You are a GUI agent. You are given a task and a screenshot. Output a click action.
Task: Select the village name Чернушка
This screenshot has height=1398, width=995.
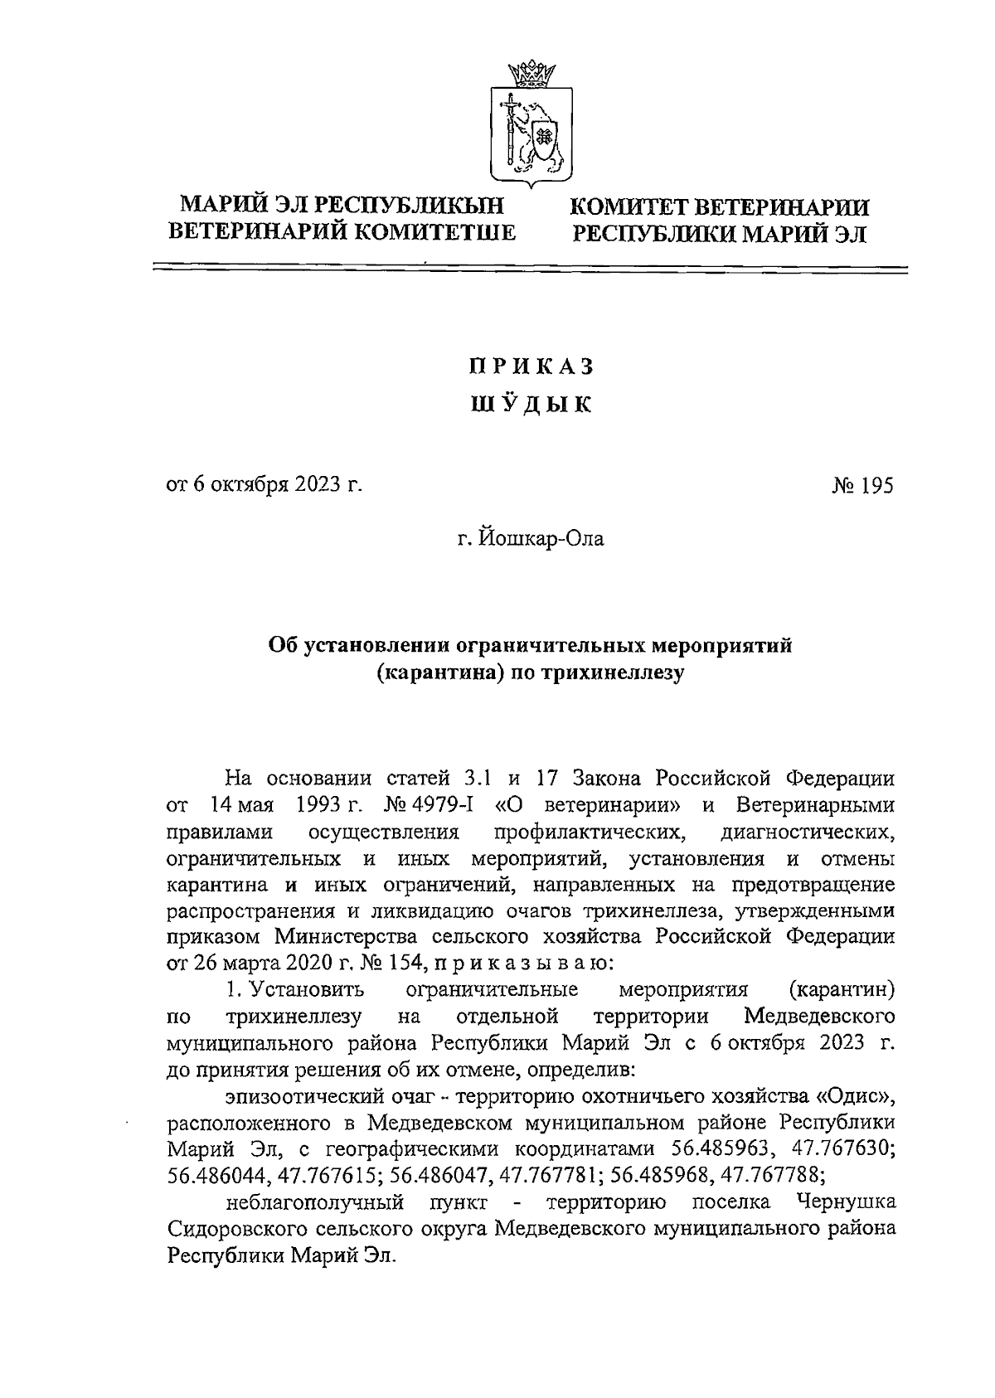pyautogui.click(x=845, y=1202)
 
